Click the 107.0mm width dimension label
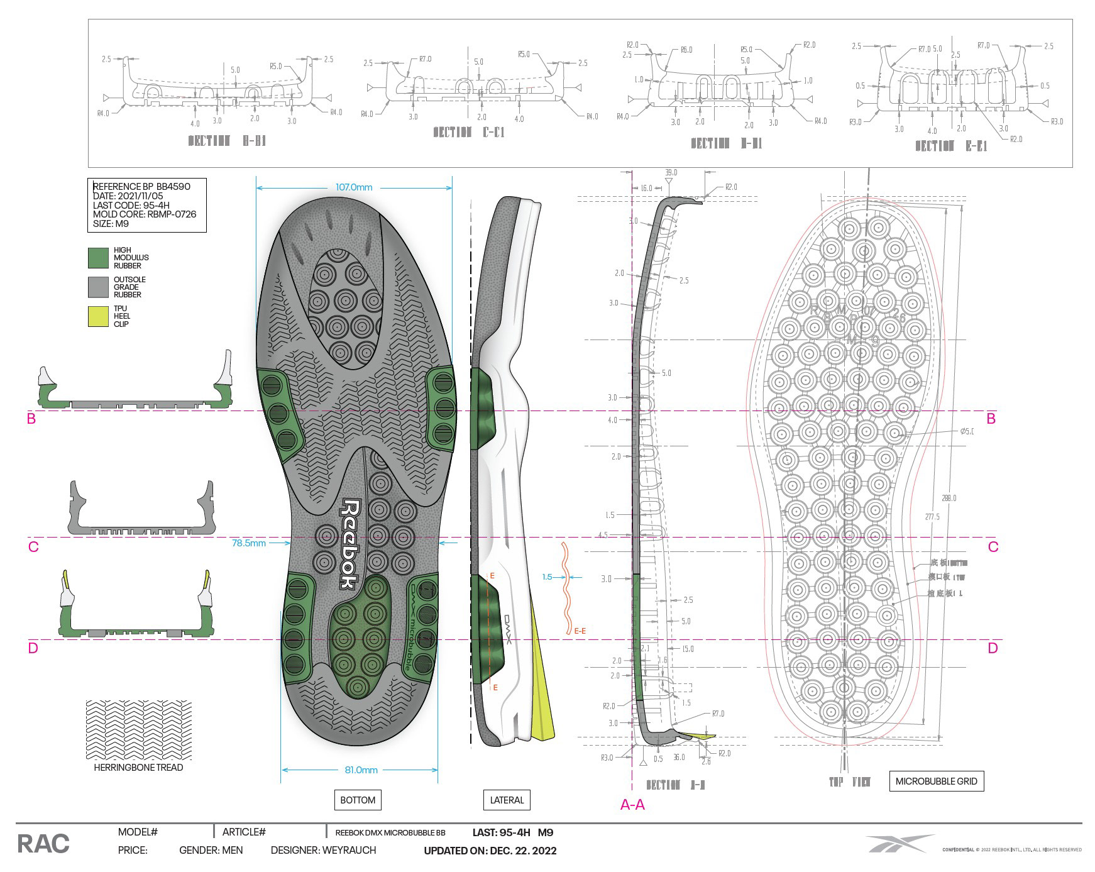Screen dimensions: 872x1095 coord(354,187)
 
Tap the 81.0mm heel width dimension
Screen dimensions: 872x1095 coord(361,770)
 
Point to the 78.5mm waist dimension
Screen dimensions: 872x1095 coord(249,543)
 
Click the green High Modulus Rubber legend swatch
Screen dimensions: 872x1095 coord(98,258)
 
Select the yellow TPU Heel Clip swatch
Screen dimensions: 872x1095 coord(98,316)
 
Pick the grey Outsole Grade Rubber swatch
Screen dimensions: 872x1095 coord(98,287)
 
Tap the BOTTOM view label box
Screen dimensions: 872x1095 coord(358,800)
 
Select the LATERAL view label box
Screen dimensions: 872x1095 coord(507,800)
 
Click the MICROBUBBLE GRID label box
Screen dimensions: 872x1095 coord(936,781)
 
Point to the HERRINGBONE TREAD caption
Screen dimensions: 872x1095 coord(138,768)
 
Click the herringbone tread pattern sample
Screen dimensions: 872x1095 coord(138,730)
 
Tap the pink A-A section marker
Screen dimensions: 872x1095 coord(632,805)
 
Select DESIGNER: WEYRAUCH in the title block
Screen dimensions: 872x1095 coord(323,851)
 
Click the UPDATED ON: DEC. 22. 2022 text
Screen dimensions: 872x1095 coord(490,851)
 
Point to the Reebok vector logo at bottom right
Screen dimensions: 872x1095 coord(899,844)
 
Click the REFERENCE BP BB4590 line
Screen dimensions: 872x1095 coord(141,187)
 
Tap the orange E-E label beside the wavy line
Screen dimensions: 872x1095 coord(580,631)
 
